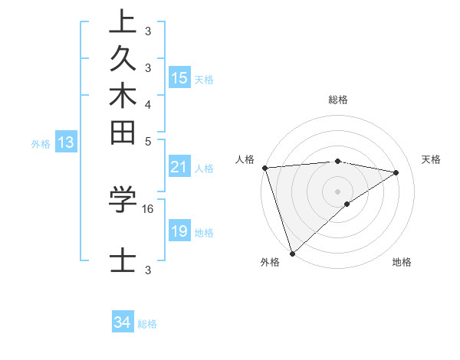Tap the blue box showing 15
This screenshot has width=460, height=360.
[x=179, y=78]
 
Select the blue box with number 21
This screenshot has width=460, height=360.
[x=179, y=168]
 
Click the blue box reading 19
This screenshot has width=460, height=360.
[x=179, y=231]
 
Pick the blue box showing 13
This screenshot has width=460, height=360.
[x=66, y=142]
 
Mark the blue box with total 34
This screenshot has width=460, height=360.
[x=123, y=322]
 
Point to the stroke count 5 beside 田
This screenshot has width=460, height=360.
[x=148, y=141]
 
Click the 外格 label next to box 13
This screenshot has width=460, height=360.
[x=41, y=143]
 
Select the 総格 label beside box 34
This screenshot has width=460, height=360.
[x=147, y=324]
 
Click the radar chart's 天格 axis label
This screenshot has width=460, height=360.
[x=431, y=159]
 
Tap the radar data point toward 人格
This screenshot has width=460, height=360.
[x=264, y=168]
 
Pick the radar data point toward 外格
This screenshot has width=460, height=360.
[x=292, y=253]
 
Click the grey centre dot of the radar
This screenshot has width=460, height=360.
[x=337, y=191]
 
